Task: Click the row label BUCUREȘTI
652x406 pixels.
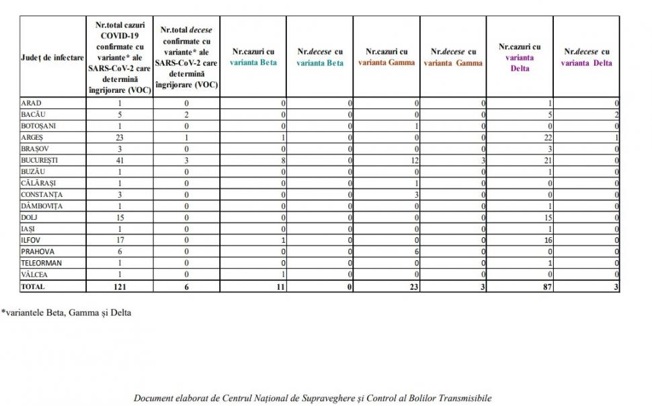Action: (40, 161)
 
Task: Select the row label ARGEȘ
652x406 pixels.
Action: (33, 137)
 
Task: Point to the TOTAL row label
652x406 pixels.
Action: (33, 286)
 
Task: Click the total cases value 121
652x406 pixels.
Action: (120, 286)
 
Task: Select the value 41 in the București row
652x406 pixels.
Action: (120, 161)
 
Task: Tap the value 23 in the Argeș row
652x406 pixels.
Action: (120, 137)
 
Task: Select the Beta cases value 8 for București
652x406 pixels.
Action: (283, 161)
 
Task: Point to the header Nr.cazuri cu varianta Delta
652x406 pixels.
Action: (520, 57)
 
